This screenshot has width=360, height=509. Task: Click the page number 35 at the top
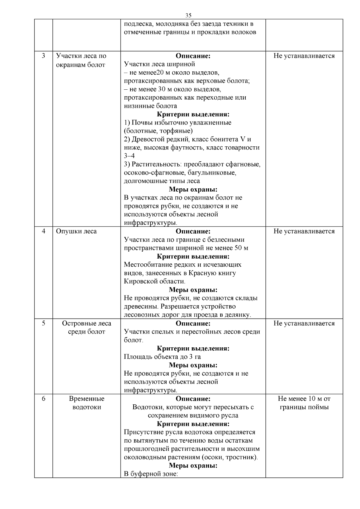tap(188, 15)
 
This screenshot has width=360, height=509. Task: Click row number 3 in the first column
tap(43, 56)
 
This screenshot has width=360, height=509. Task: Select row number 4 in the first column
tap(43, 231)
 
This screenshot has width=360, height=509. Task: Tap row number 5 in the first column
tap(43, 323)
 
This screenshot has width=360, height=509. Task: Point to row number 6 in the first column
tap(43, 399)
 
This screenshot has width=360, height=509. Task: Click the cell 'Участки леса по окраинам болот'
tap(81, 60)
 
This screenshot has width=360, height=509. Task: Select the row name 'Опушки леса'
tap(76, 231)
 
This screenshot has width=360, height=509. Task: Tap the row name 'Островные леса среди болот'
tap(86, 328)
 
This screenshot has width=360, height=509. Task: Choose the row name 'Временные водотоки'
tap(86, 403)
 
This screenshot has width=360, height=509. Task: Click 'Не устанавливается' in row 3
tap(304, 56)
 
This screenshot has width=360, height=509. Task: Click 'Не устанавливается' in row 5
tap(304, 323)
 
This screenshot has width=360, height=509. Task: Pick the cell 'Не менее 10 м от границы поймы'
tap(304, 403)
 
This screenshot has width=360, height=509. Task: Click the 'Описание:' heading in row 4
tap(193, 231)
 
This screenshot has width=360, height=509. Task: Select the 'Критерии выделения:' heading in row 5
tap(193, 349)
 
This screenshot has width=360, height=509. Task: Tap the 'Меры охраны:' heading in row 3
tap(193, 190)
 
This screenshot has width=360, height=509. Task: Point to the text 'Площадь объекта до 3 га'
tap(162, 357)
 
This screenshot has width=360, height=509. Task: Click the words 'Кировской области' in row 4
tap(154, 282)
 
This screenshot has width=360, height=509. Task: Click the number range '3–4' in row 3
tap(129, 156)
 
